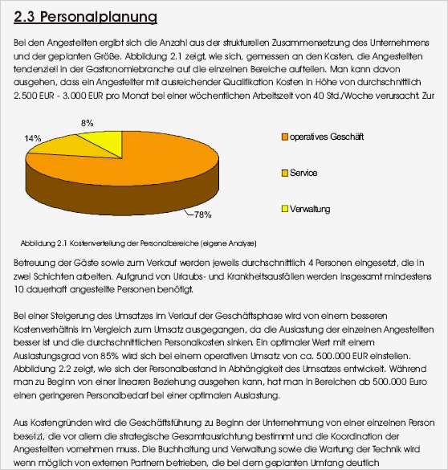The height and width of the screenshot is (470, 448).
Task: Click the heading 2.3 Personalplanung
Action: point(86,17)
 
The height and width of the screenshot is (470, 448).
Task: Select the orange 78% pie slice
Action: point(136,173)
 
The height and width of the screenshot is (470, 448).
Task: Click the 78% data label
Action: point(202,215)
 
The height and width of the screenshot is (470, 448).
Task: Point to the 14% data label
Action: point(33,138)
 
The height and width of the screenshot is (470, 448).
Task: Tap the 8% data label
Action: point(88,123)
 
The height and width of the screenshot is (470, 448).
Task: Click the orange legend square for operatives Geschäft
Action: point(284,137)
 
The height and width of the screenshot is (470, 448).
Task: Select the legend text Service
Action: point(303,173)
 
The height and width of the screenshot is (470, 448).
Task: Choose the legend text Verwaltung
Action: point(311,209)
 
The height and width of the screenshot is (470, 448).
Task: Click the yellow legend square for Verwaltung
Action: point(284,209)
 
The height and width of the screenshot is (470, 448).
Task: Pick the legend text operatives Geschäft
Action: point(327,137)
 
